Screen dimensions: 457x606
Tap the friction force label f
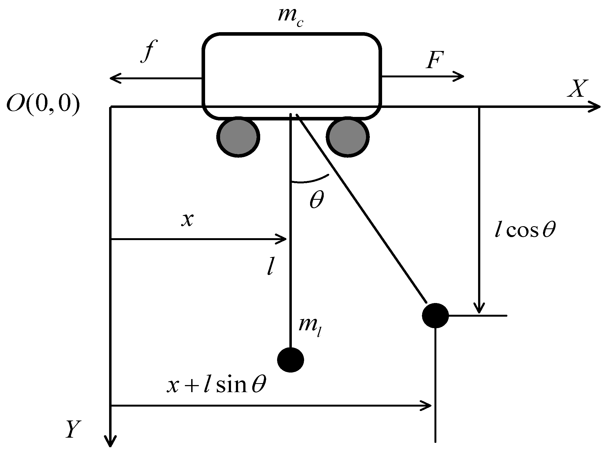click(x=148, y=51)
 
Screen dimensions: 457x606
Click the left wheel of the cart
click(x=238, y=137)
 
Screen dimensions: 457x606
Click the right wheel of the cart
click(x=347, y=137)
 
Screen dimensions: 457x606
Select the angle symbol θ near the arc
click(x=317, y=199)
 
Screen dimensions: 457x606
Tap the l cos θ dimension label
click(x=525, y=230)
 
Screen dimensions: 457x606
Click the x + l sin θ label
click(x=217, y=385)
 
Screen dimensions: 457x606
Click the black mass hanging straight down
click(x=290, y=360)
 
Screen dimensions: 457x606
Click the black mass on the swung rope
click(x=435, y=316)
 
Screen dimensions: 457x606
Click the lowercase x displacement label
click(x=187, y=220)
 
